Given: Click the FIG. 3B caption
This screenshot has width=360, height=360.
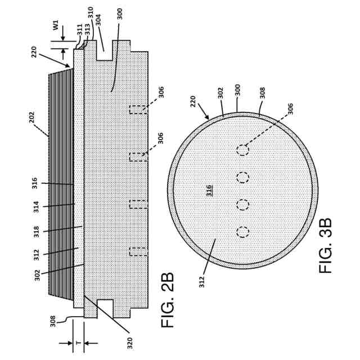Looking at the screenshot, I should point(326,245).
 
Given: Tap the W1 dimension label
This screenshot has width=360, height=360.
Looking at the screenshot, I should point(56,25).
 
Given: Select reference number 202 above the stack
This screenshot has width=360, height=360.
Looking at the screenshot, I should point(32,117).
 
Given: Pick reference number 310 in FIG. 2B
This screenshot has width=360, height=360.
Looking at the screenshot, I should point(91,12).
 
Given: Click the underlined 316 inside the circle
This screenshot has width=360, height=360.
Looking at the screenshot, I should point(209,190).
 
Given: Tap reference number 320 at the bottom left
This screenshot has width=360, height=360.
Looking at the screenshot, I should point(130,343).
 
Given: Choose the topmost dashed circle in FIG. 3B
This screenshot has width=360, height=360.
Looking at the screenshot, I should point(242,150).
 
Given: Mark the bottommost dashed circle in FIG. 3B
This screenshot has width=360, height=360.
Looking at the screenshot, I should point(242,232).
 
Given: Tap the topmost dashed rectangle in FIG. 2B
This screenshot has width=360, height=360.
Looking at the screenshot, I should point(138,109).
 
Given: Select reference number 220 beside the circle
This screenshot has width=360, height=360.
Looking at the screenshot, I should point(193,101).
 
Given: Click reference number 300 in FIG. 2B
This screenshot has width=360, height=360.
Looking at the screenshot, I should point(120,13).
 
